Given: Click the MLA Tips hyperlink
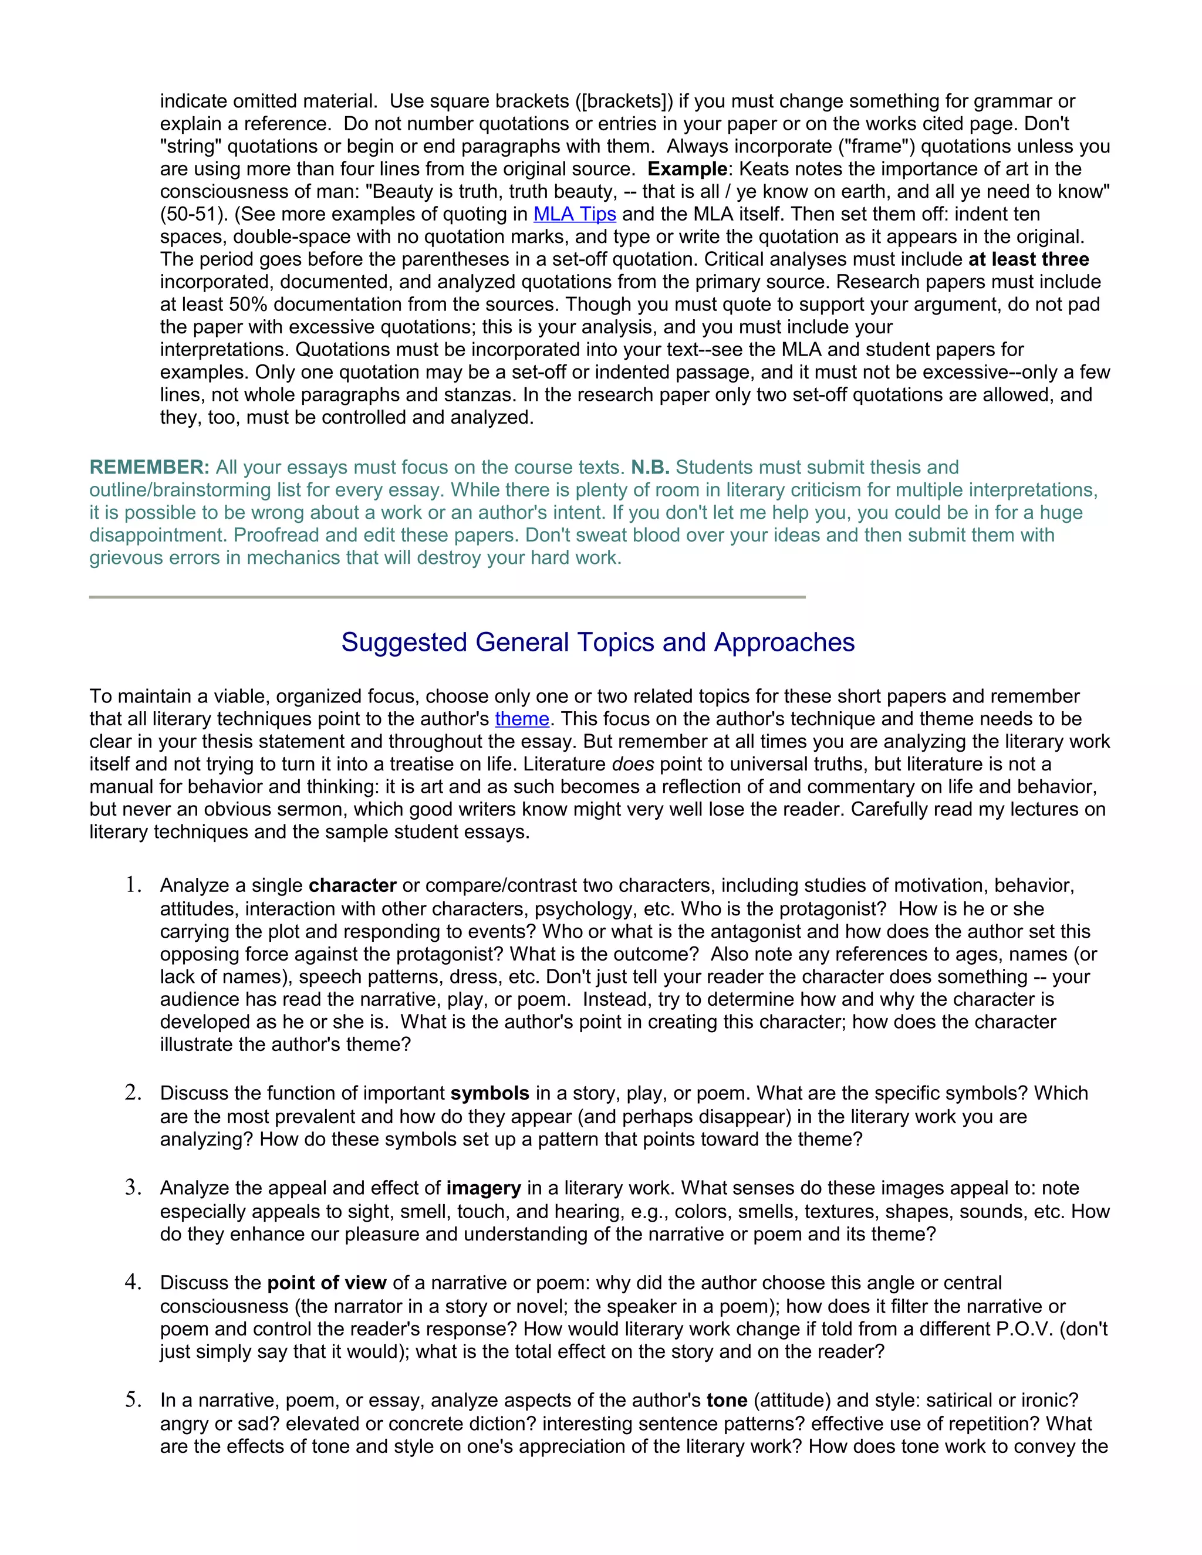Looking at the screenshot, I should coord(574,214).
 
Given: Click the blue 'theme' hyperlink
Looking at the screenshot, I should coord(522,719).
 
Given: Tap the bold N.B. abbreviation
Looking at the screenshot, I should coord(650,468).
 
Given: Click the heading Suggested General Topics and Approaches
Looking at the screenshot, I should coord(597,642).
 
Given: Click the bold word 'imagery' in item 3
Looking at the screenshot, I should coord(484,1188).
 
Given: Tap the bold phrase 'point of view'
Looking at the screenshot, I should coord(326,1283).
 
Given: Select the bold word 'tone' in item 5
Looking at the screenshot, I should coord(727,1401).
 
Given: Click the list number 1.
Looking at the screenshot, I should coord(133,885).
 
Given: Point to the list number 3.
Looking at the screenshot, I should coord(133,1188).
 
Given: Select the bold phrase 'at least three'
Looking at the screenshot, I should coord(1028,259).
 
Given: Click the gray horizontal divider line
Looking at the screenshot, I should coord(447,597).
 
